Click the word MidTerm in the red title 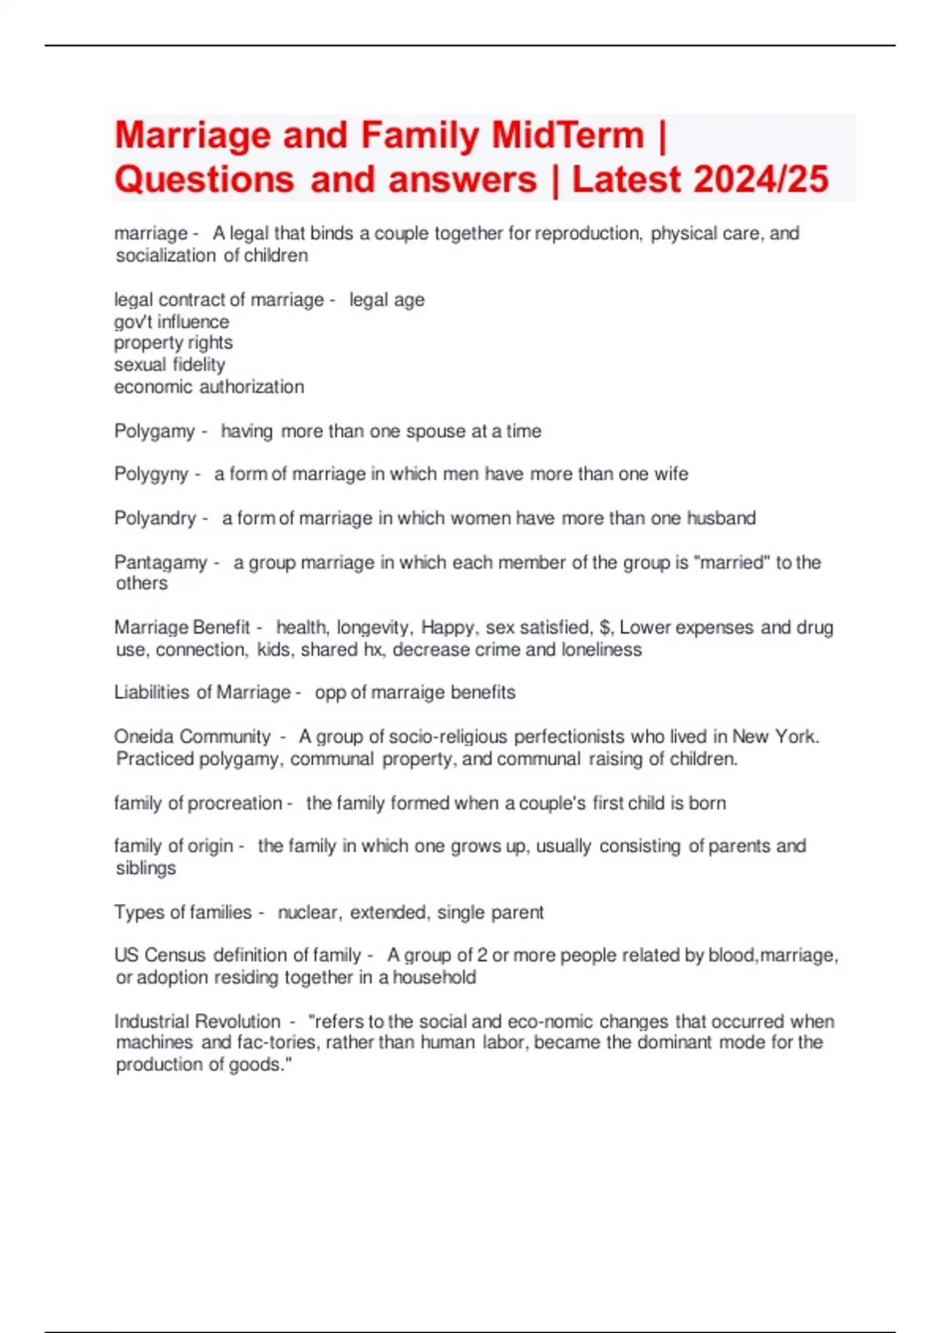pyautogui.click(x=568, y=135)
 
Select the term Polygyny pyautogui.click(x=151, y=474)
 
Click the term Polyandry pyautogui.click(x=155, y=518)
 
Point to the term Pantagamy pyautogui.click(x=161, y=562)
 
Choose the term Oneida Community pyautogui.click(x=192, y=737)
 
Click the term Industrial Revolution pyautogui.click(x=198, y=1022)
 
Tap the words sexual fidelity pyautogui.click(x=169, y=365)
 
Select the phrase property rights pyautogui.click(x=173, y=343)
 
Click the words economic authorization pyautogui.click(x=209, y=387)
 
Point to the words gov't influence pyautogui.click(x=172, y=321)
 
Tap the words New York pyautogui.click(x=775, y=737)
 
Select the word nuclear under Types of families pyautogui.click(x=309, y=913)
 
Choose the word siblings pyautogui.click(x=146, y=869)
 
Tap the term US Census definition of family pyautogui.click(x=238, y=955)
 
